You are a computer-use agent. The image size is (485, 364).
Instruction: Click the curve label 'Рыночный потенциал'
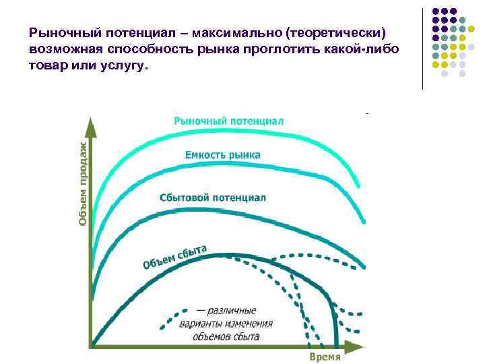pos(228,121)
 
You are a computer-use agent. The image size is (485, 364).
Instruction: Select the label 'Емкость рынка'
pos(222,155)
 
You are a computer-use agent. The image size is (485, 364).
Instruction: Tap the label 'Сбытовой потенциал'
pos(213,198)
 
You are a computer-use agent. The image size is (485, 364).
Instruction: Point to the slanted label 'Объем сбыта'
pos(174,256)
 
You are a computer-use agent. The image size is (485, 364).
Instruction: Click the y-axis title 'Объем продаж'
pos(82,183)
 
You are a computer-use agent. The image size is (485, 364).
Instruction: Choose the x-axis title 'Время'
pos(325,357)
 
